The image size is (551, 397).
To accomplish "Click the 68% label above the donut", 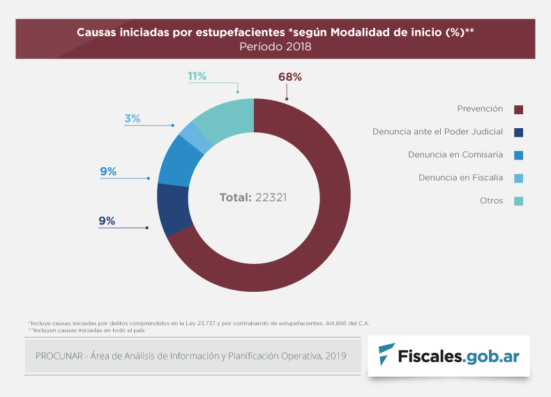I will [x=289, y=77].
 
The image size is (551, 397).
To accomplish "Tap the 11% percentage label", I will [x=197, y=76].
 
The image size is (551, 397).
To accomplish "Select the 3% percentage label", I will [x=133, y=118].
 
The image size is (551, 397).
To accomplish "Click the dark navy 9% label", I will [x=107, y=221].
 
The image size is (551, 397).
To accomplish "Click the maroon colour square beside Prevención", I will [x=518, y=109].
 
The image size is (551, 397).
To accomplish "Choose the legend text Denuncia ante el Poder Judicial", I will [x=438, y=131].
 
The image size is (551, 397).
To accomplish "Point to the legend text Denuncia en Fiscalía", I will [x=461, y=178].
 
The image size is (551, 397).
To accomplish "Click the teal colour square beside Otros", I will [x=518, y=201].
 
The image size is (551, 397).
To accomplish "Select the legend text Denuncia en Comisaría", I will [x=455, y=154].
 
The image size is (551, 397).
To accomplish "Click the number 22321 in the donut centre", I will [x=271, y=198].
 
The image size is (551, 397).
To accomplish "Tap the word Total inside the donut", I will [x=235, y=198].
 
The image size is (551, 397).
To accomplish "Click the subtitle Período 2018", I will [x=275, y=47].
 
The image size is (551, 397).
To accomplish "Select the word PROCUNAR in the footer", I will [x=59, y=356].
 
